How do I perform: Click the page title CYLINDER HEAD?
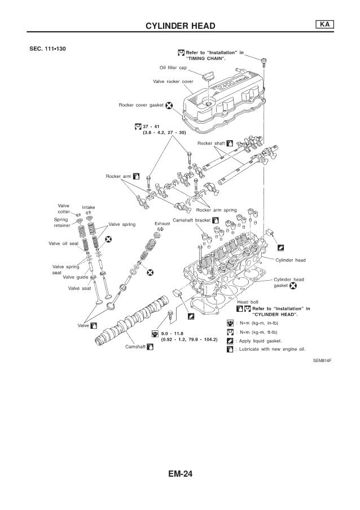tap(180, 25)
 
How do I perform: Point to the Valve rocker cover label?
tap(173, 81)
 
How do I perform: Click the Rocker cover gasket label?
tap(141, 105)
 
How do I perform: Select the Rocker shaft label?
tap(209, 143)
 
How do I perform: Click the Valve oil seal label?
tap(62, 244)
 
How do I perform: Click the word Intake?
tap(89, 207)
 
